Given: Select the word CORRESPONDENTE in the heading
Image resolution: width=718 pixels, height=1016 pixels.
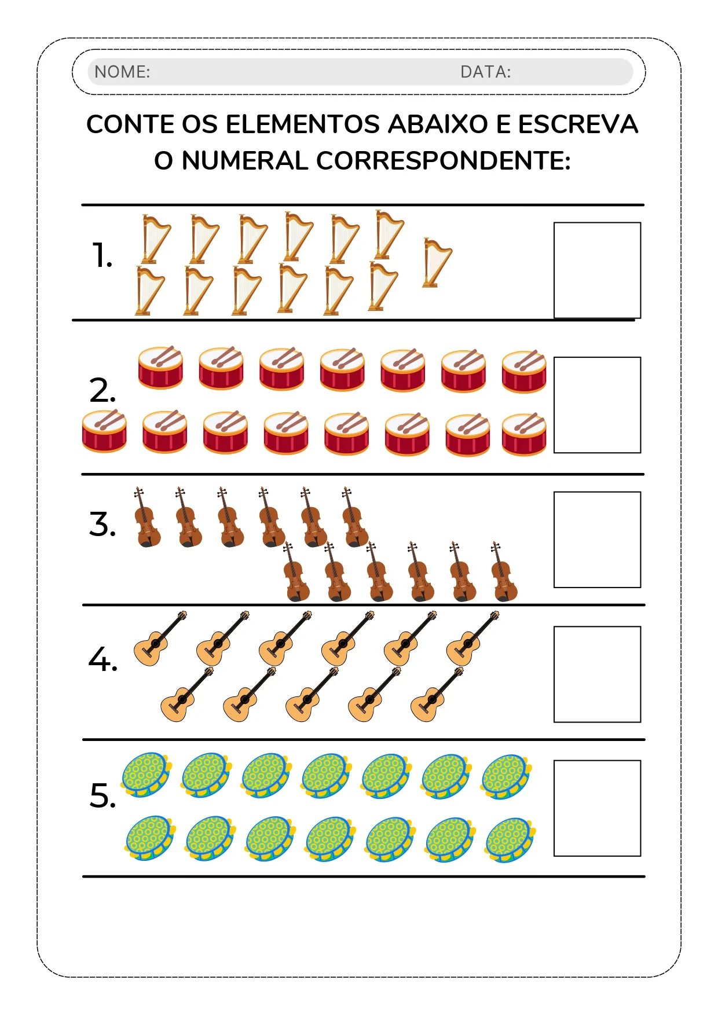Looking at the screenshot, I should pos(443,161).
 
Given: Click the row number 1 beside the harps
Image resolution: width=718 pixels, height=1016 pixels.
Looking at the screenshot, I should pos(102,255).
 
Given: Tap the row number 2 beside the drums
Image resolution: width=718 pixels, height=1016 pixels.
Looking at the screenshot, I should pos(102,390).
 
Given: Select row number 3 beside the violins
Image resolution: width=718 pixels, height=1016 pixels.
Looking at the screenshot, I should pos(102,524).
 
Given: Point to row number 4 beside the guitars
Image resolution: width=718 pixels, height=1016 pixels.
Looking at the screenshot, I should pos(102,659).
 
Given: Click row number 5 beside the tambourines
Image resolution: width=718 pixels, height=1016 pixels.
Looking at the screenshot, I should pos(102,795).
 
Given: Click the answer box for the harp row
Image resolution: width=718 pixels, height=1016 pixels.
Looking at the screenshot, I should pos(597,270).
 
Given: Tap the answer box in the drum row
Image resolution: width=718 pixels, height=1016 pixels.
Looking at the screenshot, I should pos(597,405).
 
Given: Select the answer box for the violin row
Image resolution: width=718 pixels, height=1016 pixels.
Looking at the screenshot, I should pos(597,540).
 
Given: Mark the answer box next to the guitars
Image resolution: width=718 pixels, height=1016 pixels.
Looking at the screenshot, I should pos(597,674).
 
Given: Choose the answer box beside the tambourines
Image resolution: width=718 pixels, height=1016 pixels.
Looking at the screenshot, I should pos(597,808).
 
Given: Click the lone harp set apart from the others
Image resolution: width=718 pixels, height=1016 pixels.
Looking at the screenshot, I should pos(437,263).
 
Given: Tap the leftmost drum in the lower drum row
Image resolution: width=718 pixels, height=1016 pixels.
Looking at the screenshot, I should pos(104,431).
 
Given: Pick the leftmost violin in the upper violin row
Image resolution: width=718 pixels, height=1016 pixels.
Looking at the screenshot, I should pos(146,518).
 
